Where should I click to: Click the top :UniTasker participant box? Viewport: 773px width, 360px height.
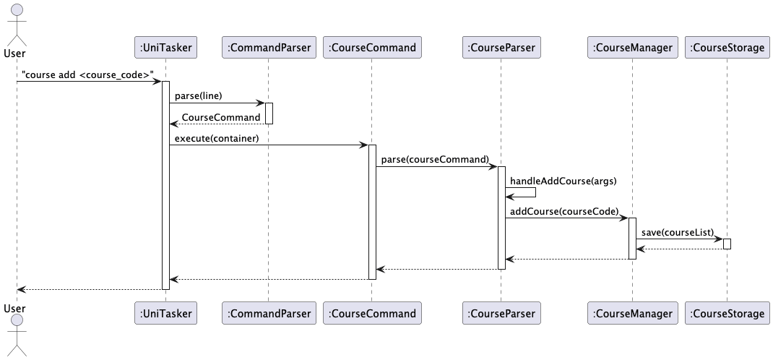[x=165, y=48]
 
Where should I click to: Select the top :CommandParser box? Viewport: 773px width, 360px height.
[x=268, y=48]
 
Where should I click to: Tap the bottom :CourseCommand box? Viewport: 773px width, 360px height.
[x=371, y=313]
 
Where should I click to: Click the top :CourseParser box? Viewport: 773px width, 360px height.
[x=501, y=48]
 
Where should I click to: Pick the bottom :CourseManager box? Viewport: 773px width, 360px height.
[x=632, y=313]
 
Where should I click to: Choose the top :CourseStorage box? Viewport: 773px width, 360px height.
[x=727, y=48]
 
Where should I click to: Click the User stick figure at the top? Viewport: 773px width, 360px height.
[x=16, y=22]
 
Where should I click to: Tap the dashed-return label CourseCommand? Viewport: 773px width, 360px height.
[x=221, y=117]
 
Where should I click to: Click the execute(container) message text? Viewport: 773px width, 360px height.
[x=217, y=138]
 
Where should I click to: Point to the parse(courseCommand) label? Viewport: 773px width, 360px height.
[x=434, y=159]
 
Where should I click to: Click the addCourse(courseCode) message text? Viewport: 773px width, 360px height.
[x=564, y=211]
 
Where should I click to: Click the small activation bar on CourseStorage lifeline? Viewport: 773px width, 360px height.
[x=727, y=244]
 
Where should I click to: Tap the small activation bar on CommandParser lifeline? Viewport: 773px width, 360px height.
[x=269, y=113]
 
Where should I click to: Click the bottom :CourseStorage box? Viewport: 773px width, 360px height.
[x=727, y=313]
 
